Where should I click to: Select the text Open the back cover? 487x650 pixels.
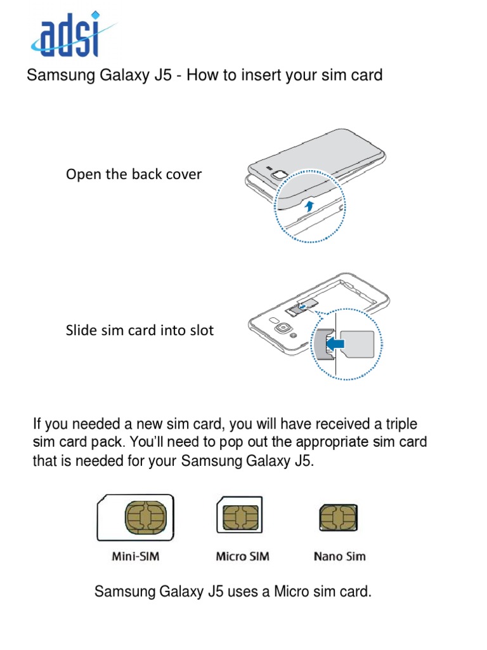click(133, 174)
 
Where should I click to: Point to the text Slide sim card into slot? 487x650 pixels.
click(140, 330)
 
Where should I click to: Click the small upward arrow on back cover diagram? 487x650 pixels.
click(309, 205)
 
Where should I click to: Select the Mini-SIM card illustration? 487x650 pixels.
click(135, 518)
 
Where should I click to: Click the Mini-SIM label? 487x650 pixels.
click(136, 557)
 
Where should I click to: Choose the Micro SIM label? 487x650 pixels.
click(242, 557)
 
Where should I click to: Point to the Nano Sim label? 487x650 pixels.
click(340, 557)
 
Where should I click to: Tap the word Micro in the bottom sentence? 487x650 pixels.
click(290, 593)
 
